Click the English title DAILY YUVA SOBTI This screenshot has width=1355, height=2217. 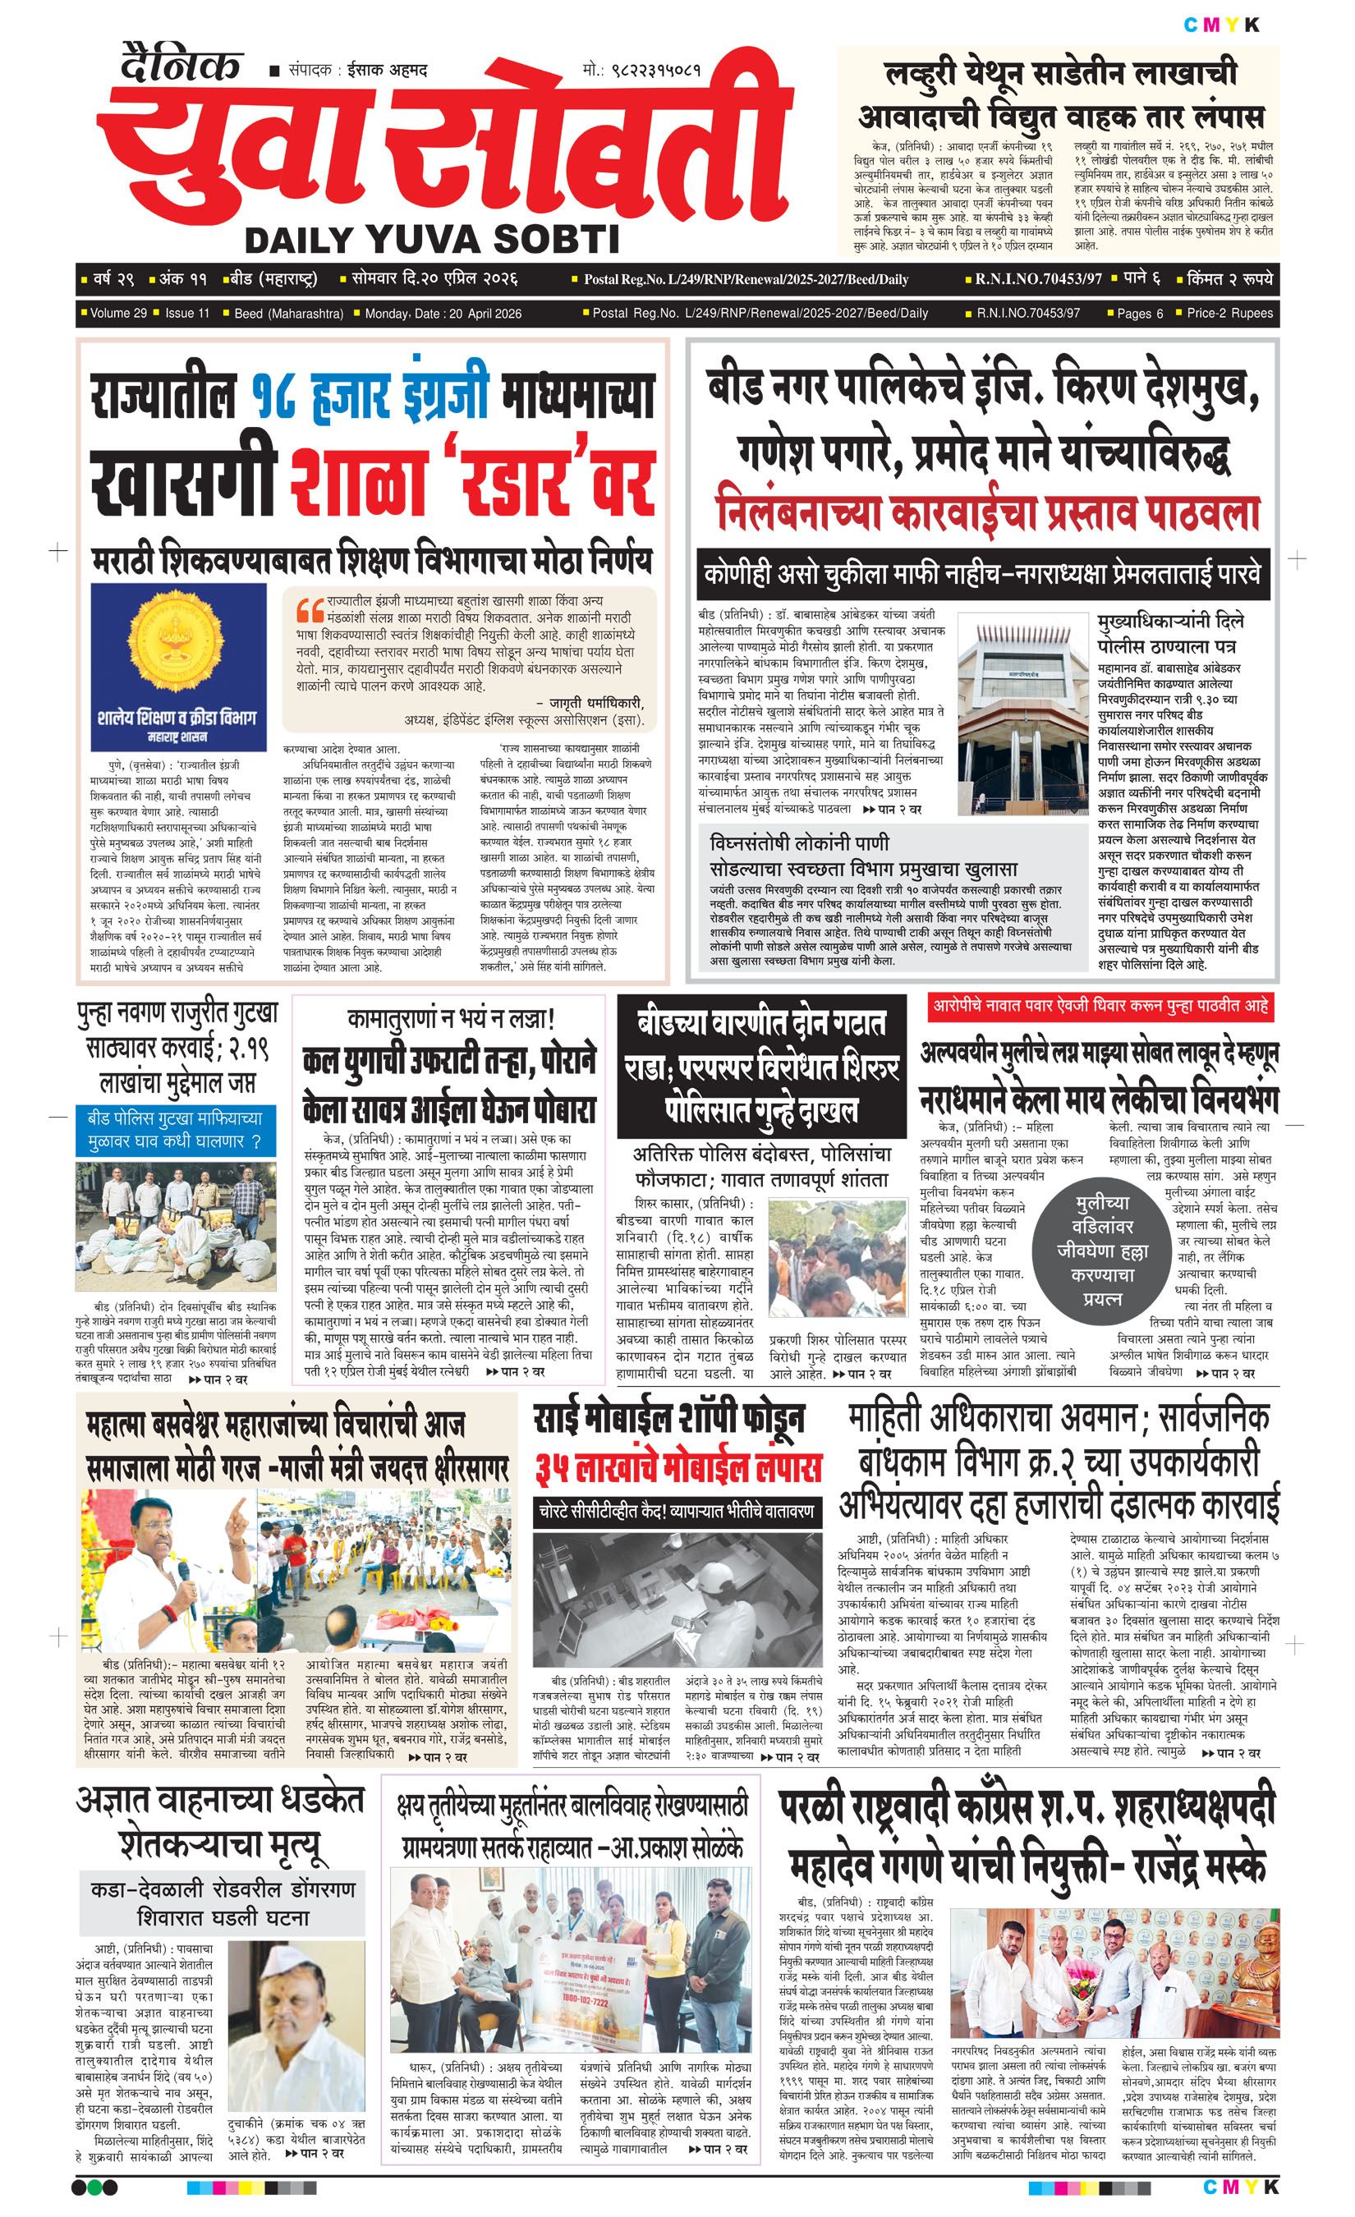432,239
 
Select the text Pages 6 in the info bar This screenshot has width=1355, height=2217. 1140,313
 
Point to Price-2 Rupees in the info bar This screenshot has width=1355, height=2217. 1230,313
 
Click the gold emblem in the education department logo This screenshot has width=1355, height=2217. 178,640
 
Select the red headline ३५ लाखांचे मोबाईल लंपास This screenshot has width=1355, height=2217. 679,1469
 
